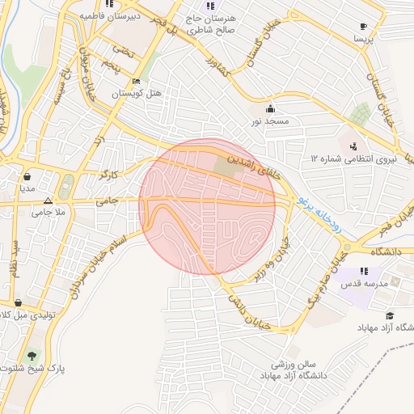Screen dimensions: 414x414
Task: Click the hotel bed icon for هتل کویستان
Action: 137,82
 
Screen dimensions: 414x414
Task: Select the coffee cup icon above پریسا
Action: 363,26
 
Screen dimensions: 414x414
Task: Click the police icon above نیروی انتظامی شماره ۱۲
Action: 353,146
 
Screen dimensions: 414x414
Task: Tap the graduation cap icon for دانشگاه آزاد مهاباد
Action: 391,316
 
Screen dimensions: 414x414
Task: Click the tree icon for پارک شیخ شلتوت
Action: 32,356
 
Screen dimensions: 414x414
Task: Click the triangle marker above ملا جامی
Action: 49,201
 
